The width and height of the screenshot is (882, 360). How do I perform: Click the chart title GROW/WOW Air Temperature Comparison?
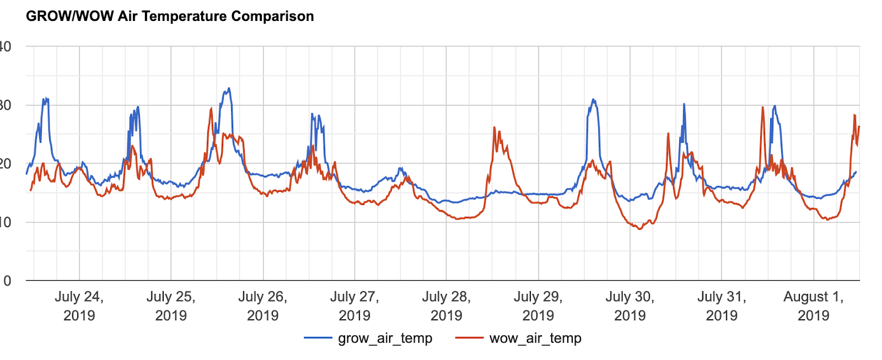[170, 16]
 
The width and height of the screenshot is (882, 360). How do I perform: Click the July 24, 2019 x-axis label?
[79, 306]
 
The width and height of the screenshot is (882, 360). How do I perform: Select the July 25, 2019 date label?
[171, 306]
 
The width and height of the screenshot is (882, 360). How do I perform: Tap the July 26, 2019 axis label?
[262, 306]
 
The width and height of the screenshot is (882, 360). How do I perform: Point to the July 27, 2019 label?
[354, 306]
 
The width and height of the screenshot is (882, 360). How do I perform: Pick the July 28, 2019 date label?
[446, 306]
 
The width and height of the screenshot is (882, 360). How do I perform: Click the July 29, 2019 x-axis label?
[538, 306]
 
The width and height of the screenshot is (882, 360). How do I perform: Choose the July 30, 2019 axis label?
[630, 306]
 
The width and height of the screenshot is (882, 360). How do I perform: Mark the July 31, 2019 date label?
[722, 306]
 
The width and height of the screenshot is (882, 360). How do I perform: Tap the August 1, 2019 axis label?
[813, 306]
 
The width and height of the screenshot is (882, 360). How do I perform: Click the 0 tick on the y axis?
[7, 281]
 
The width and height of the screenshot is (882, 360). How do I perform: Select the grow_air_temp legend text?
[385, 338]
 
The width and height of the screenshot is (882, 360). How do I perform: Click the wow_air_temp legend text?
[535, 338]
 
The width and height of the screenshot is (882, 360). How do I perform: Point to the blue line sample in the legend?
[318, 338]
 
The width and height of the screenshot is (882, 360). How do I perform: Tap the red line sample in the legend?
[469, 338]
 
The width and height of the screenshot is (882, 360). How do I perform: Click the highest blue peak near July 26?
[229, 88]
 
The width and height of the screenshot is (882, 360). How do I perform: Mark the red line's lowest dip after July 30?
[639, 229]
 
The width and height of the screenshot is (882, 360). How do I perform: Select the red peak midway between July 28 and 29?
[494, 128]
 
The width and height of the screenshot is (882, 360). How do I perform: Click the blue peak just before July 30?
[593, 100]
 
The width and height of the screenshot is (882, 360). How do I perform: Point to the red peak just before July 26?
[211, 109]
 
